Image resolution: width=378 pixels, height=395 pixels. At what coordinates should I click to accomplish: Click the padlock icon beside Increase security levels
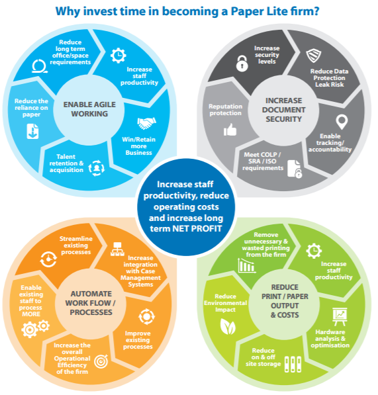(x=242, y=64)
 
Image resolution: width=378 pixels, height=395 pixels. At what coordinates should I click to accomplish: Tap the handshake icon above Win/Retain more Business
(x=146, y=123)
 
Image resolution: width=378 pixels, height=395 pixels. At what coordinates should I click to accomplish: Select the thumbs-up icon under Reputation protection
(x=230, y=129)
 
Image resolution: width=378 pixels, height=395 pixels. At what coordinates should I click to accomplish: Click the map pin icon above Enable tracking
(x=342, y=122)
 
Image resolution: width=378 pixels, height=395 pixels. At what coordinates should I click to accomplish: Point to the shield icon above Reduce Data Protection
(x=314, y=56)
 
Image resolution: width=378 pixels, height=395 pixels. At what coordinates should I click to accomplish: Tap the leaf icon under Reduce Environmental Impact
(x=228, y=326)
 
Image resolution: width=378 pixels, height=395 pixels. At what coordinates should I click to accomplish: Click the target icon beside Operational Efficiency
(x=101, y=361)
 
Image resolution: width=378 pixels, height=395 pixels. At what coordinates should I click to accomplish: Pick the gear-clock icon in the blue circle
(x=118, y=56)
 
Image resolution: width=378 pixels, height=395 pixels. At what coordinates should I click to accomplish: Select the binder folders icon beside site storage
(x=293, y=365)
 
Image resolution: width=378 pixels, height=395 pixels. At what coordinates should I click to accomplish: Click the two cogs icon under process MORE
(x=36, y=329)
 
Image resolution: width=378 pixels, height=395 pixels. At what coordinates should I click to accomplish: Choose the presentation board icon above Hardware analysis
(x=340, y=316)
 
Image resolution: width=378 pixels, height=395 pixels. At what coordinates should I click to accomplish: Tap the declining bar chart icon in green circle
(x=247, y=266)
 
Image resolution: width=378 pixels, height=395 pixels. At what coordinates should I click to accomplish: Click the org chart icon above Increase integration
(x=117, y=249)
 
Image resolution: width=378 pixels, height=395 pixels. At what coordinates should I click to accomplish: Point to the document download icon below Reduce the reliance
(x=32, y=131)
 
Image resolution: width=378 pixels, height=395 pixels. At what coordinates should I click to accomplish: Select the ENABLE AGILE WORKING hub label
(x=89, y=109)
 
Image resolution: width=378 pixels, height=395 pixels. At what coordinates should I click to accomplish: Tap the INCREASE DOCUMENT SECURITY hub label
(x=284, y=110)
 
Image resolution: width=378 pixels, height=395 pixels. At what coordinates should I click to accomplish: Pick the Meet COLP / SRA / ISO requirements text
(x=263, y=161)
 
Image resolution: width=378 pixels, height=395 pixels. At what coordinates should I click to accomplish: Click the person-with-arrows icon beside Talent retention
(x=96, y=168)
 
